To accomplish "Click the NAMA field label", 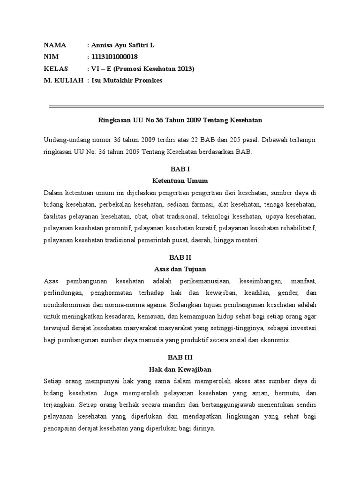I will click(x=55, y=45).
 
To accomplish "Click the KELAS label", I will click(x=56, y=69).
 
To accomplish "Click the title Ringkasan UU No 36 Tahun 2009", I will click(x=180, y=120).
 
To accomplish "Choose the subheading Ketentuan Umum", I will click(x=180, y=180).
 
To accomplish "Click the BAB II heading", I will click(x=180, y=257).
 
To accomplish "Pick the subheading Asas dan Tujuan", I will click(x=180, y=269).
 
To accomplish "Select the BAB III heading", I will click(x=180, y=358).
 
